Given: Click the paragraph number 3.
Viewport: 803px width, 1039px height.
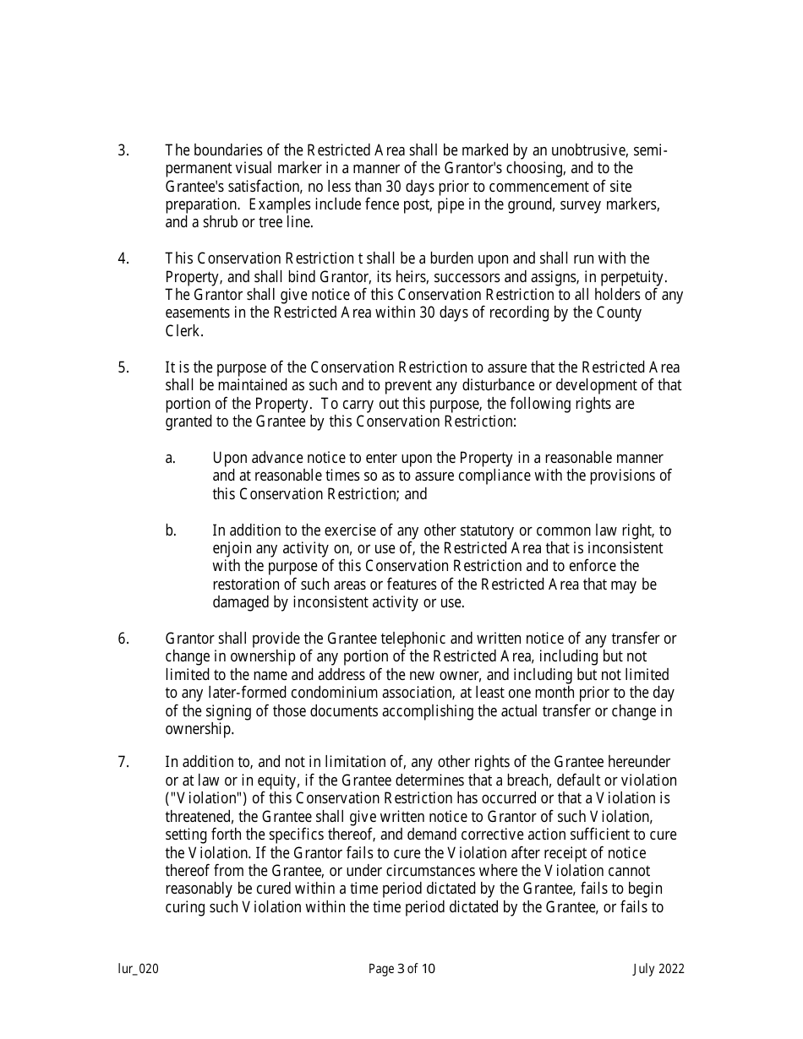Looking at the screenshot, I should click(123, 151).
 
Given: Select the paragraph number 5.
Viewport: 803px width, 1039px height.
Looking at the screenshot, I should click(123, 367).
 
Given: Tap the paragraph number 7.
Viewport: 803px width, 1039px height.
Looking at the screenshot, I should click(123, 762).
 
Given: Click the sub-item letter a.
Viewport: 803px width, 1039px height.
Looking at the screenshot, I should click(170, 458).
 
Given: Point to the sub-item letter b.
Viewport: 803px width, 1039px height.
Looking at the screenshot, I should click(170, 530).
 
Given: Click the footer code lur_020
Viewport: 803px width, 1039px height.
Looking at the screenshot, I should click(138, 969).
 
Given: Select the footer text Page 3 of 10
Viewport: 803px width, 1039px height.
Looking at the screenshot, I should click(401, 969).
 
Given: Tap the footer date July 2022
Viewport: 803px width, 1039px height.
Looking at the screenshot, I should click(658, 969).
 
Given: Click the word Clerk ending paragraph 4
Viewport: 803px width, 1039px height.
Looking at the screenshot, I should click(183, 331).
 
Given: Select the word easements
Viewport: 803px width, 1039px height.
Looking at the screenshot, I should click(199, 313).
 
